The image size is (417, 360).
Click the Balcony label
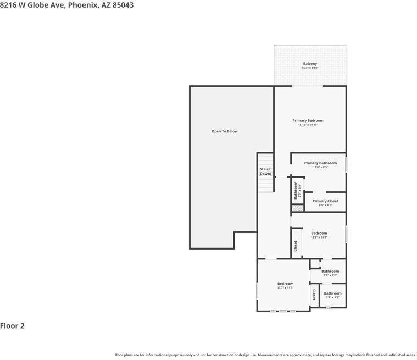pos(310,64)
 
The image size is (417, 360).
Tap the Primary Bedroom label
pos(308,120)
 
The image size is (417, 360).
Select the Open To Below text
pos(225,131)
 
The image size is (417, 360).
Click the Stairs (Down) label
pos(265,171)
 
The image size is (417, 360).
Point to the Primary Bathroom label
pos(320,163)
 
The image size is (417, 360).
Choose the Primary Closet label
pos(325,201)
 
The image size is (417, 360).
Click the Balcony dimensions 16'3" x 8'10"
pos(310,68)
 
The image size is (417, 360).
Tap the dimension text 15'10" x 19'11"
pos(308,125)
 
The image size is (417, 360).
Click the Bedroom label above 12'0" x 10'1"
pos(319,233)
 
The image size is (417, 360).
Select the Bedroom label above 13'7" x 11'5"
pos(285,284)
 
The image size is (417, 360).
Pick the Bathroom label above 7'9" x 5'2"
pos(330,271)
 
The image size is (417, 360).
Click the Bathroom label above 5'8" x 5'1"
pos(332,293)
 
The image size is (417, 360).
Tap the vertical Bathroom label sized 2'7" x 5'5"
pos(295,191)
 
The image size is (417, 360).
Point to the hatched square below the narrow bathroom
pos(297,208)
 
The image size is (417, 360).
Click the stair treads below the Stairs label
pos(265,185)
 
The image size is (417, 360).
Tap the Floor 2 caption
pos(13,325)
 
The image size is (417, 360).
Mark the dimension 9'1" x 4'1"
pos(325,206)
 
